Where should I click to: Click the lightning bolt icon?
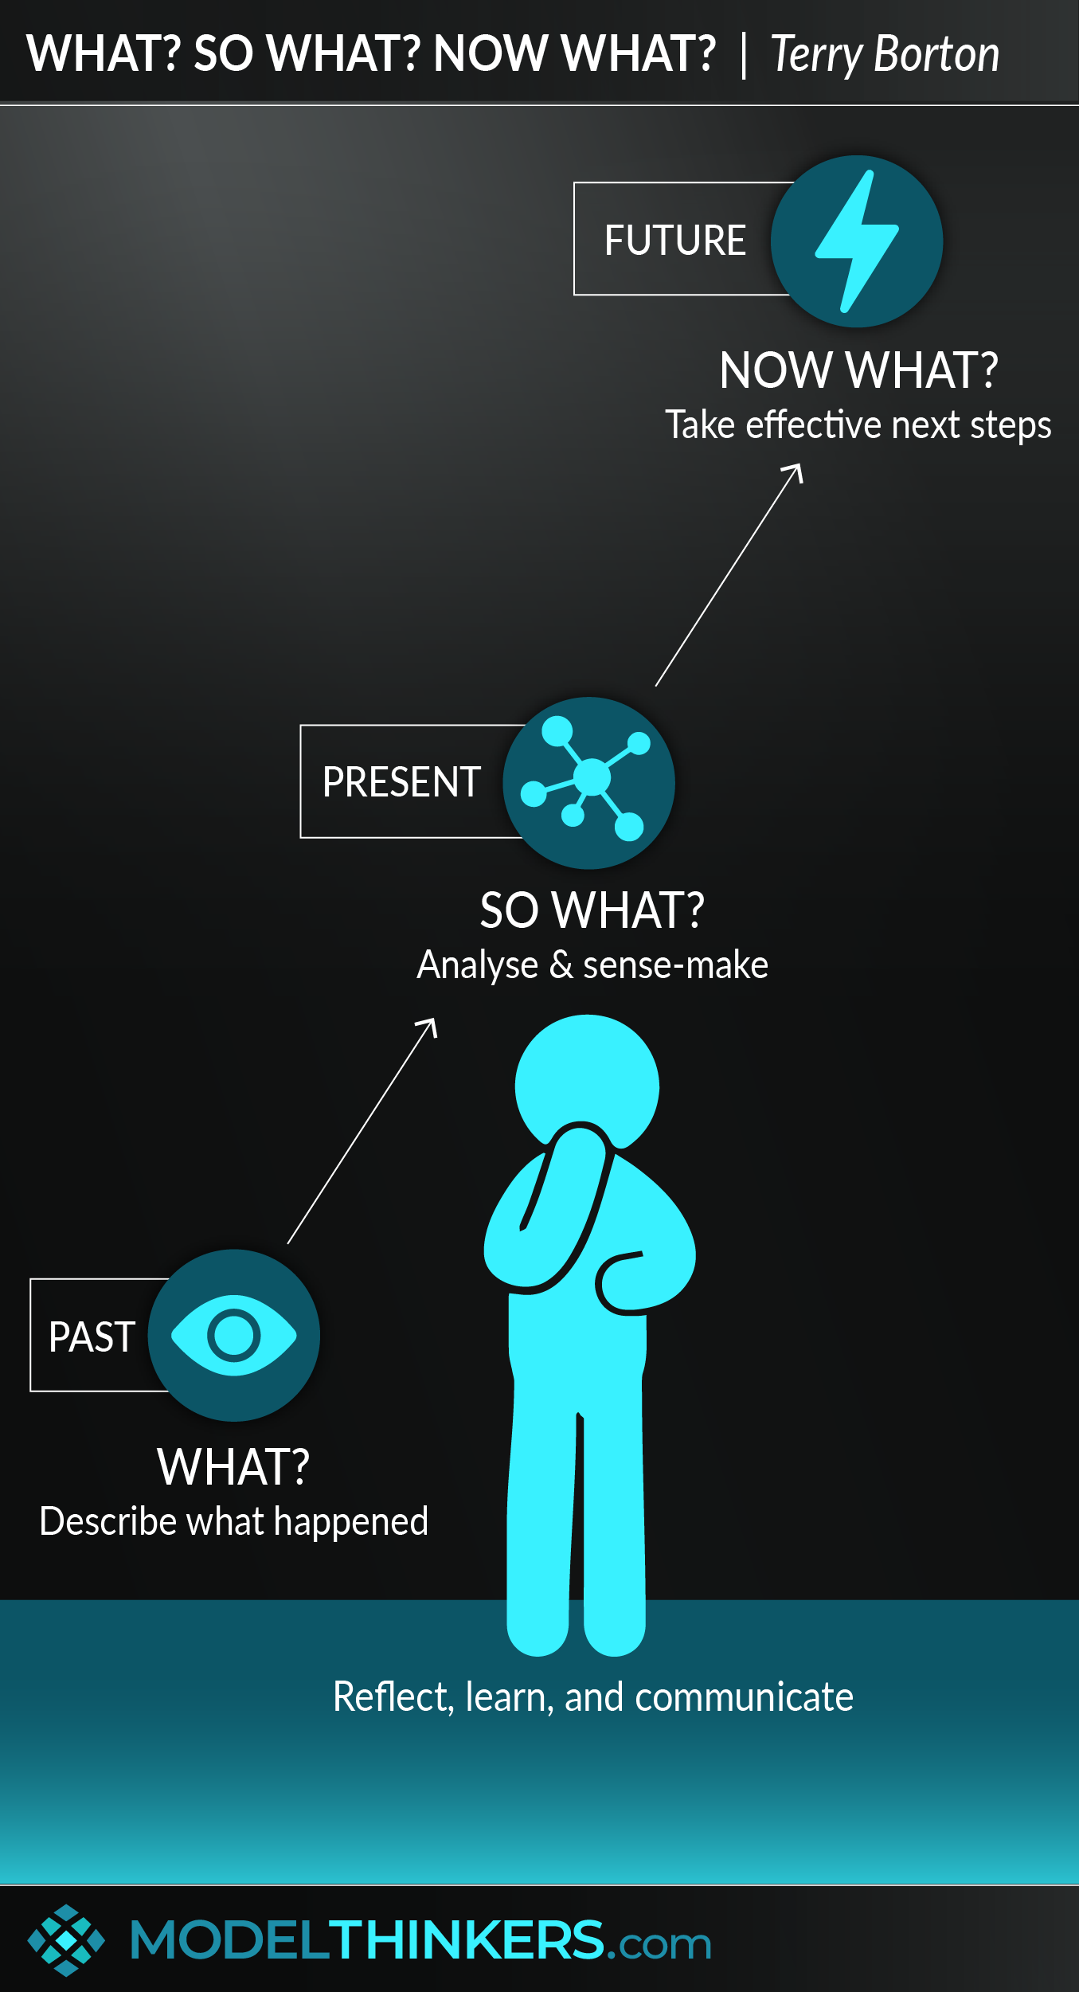click(x=857, y=241)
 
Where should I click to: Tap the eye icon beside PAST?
click(x=233, y=1335)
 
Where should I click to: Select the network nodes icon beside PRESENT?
click(x=589, y=782)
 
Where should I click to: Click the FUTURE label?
click(x=674, y=240)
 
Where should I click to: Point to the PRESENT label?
click(x=401, y=781)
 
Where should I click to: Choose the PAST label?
click(x=92, y=1336)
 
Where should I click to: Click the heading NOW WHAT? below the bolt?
click(x=858, y=370)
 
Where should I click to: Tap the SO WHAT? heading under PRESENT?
click(x=592, y=910)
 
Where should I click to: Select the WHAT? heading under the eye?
click(x=233, y=1467)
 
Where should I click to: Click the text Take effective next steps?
click(x=858, y=425)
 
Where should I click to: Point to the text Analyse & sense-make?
click(x=592, y=965)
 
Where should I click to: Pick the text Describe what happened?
click(x=233, y=1522)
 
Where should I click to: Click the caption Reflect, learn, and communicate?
click(x=592, y=1697)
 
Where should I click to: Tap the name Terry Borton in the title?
click(x=885, y=54)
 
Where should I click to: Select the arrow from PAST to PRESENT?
click(x=362, y=1130)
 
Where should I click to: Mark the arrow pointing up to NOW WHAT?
click(x=729, y=574)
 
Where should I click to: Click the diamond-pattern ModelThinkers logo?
click(x=66, y=1940)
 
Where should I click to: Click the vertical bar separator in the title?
click(x=744, y=54)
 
